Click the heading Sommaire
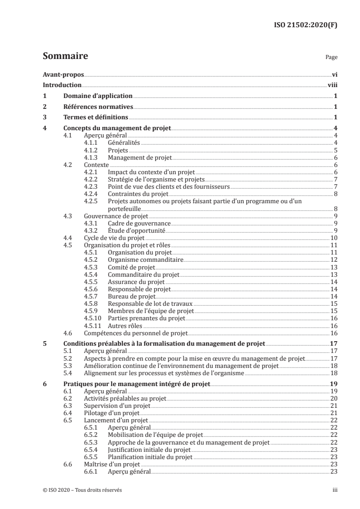65,57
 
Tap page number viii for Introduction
332,85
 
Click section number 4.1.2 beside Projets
92,150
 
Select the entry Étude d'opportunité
130,230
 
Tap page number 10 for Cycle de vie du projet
333,237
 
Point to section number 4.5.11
94,325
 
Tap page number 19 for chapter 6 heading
333,383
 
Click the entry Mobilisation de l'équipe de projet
149,434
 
